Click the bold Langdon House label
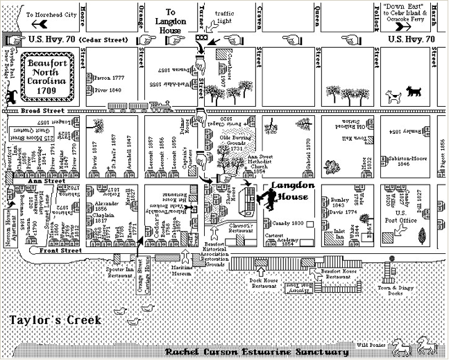(292, 191)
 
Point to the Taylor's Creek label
(55, 320)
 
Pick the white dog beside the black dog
(393, 96)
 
